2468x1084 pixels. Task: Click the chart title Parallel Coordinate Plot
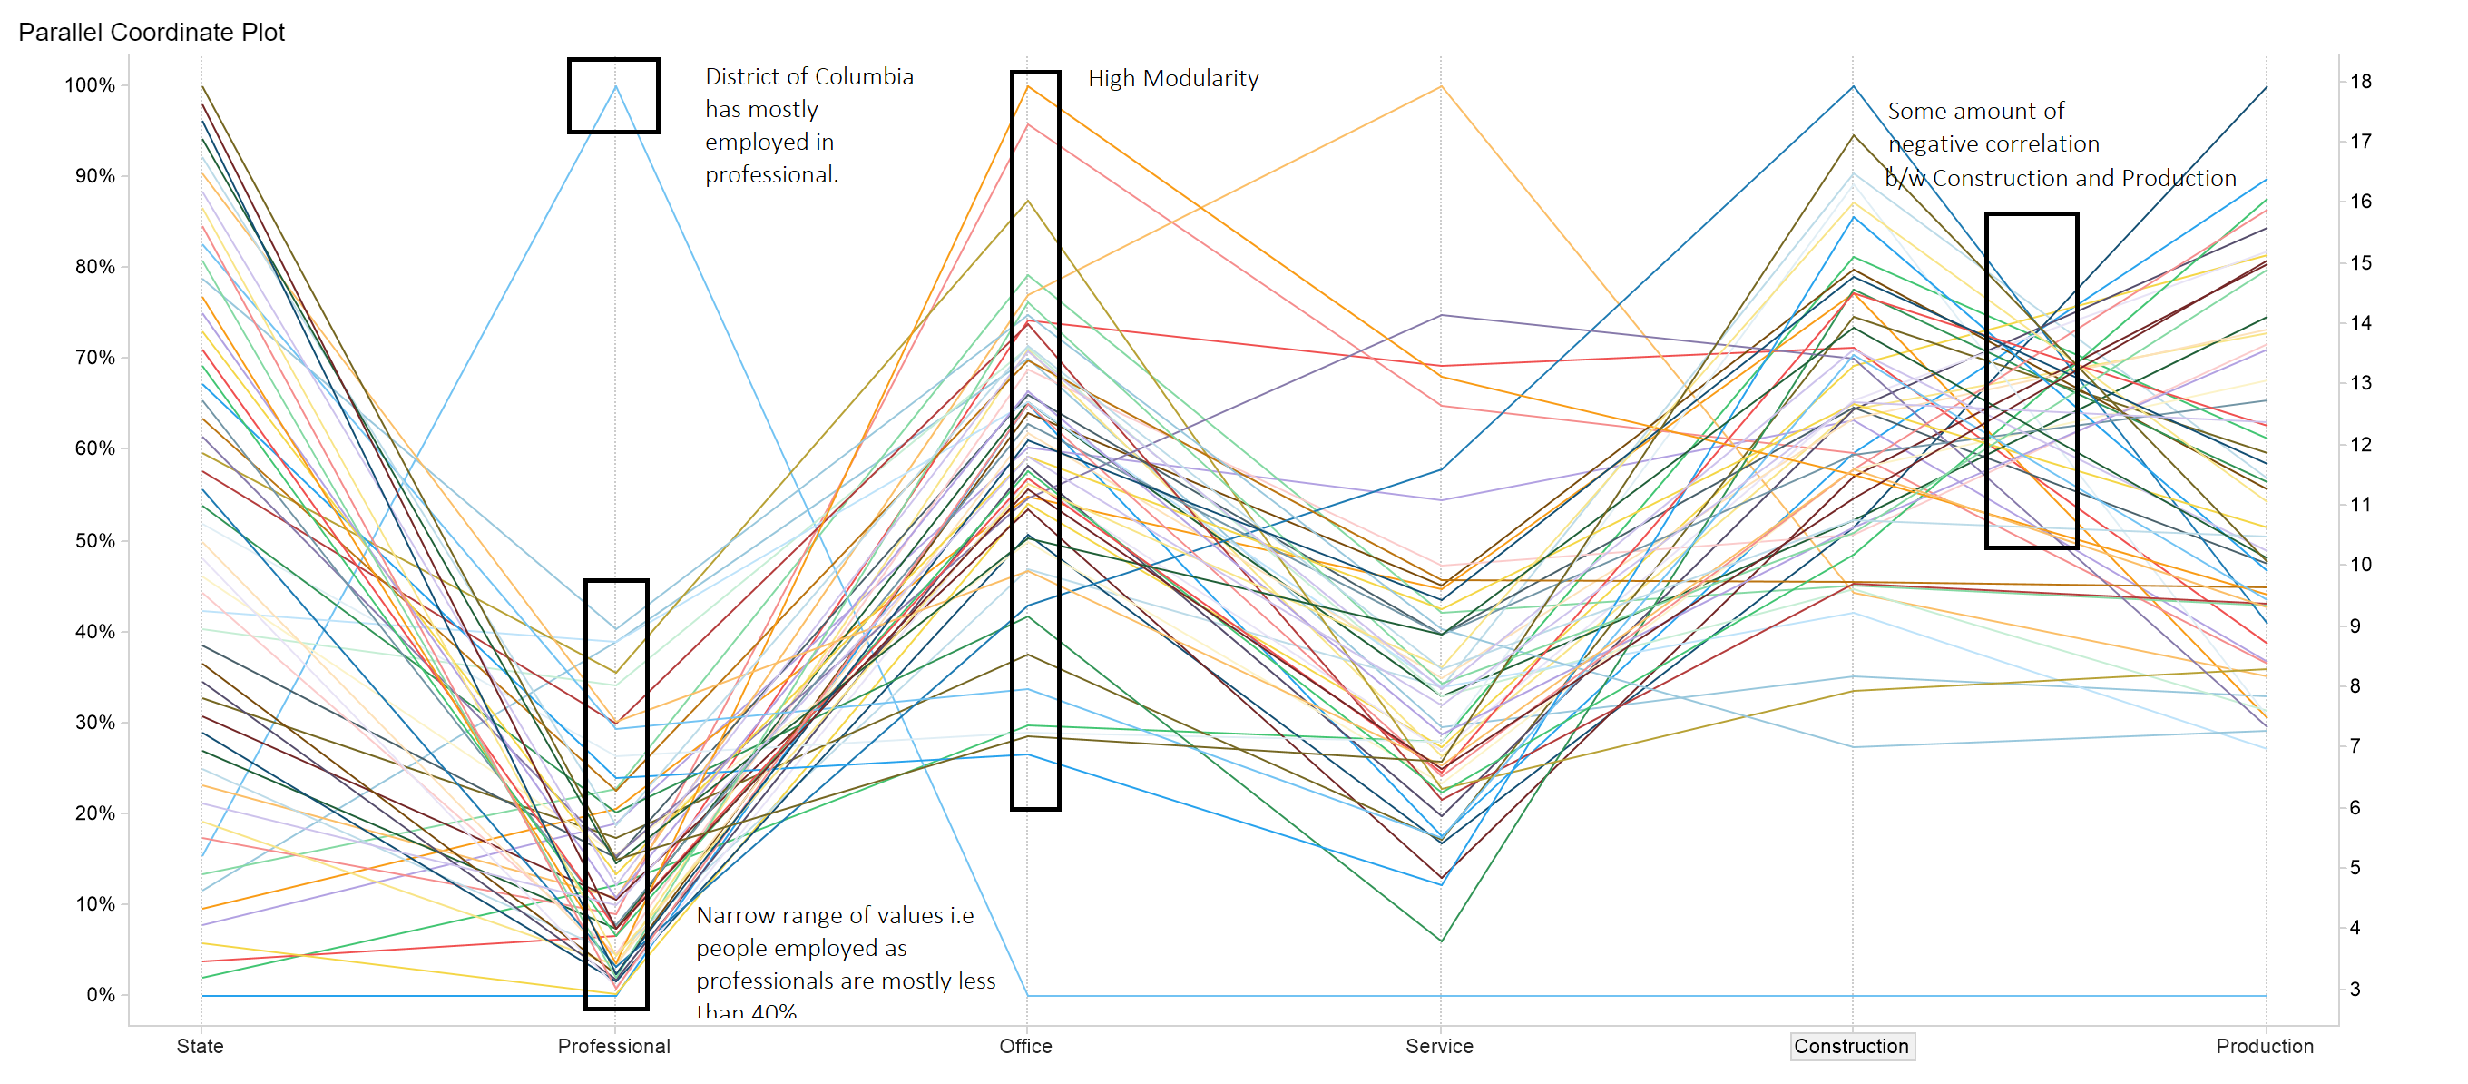pyautogui.click(x=152, y=33)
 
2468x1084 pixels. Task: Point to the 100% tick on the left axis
pyautogui.click(x=90, y=85)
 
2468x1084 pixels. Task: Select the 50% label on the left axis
pyautogui.click(x=95, y=540)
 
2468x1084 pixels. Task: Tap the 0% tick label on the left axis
pyautogui.click(x=100, y=995)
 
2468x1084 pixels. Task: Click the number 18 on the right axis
pyautogui.click(x=2361, y=82)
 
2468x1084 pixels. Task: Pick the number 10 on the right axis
pyautogui.click(x=2361, y=565)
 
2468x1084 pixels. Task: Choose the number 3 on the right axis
pyautogui.click(x=2355, y=989)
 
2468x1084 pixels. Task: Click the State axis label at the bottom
pyautogui.click(x=200, y=1046)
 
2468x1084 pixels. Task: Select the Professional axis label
pyautogui.click(x=613, y=1046)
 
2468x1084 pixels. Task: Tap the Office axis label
pyautogui.click(x=1025, y=1046)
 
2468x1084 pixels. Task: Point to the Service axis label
pyautogui.click(x=1439, y=1046)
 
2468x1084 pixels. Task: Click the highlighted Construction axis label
pyautogui.click(x=1851, y=1046)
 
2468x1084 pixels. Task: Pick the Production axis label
pyautogui.click(x=2264, y=1046)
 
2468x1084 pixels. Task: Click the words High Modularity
pyautogui.click(x=1172, y=79)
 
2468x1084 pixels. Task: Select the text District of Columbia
pyautogui.click(x=808, y=76)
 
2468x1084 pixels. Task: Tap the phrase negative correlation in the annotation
pyautogui.click(x=1993, y=143)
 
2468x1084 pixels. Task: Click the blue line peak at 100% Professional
pyautogui.click(x=615, y=87)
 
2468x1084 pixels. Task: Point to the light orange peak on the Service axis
pyautogui.click(x=1441, y=87)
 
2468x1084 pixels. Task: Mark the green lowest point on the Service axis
pyautogui.click(x=1441, y=941)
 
